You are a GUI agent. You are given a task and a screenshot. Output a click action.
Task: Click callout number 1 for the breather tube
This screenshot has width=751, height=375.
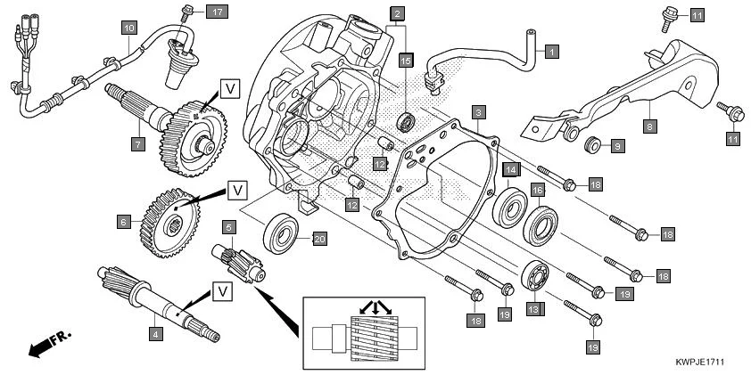tap(551, 52)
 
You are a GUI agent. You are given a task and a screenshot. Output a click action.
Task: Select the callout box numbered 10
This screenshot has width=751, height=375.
tap(129, 29)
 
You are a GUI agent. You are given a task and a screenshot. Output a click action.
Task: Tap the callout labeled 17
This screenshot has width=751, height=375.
tap(217, 12)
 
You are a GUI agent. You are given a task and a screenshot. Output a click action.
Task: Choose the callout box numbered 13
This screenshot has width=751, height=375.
tap(532, 309)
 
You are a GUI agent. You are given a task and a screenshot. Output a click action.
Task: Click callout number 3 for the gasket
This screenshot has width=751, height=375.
tap(479, 112)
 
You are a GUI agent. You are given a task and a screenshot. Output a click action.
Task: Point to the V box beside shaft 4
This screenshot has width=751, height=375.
tap(220, 291)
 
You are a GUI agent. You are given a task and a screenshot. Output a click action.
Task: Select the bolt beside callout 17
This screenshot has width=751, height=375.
tap(187, 12)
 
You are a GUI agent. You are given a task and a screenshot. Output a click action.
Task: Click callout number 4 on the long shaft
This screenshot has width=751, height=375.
tap(156, 335)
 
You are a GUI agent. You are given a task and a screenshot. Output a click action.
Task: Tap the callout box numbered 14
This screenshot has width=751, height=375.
tap(510, 169)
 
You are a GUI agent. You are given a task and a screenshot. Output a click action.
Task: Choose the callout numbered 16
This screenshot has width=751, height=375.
tap(538, 190)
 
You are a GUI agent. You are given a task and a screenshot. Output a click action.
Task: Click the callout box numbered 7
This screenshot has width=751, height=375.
tap(137, 143)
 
